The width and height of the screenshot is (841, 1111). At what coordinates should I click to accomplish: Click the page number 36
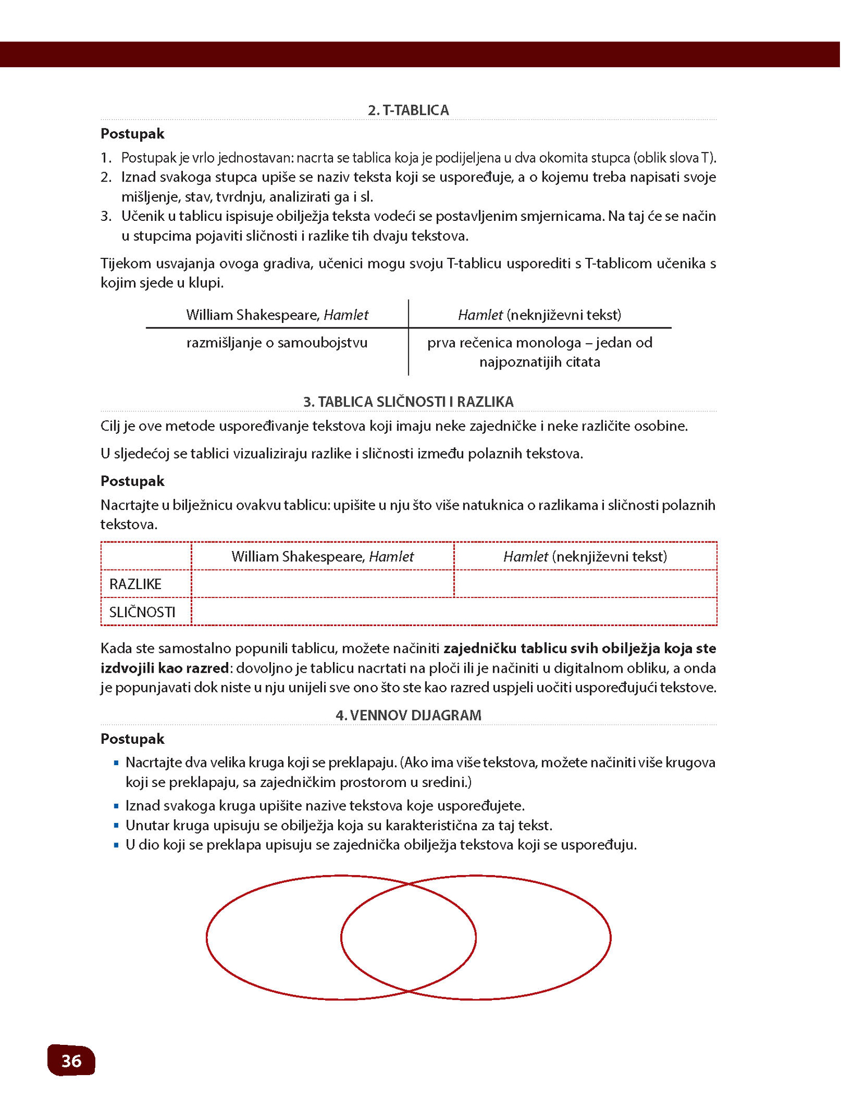tap(71, 1061)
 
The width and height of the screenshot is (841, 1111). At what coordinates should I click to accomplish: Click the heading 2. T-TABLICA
tap(408, 110)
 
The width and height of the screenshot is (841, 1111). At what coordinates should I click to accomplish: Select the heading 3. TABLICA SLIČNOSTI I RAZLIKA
tap(408, 401)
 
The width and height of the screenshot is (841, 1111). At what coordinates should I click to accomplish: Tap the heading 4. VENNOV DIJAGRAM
tap(408, 715)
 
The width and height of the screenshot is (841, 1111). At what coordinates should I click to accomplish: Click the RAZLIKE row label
tap(135, 584)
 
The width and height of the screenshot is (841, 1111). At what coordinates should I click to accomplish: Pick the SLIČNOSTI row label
tap(142, 612)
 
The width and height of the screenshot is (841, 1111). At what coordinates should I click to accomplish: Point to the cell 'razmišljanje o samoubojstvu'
tap(277, 342)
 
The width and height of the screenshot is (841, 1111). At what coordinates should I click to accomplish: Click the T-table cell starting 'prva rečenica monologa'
tap(539, 352)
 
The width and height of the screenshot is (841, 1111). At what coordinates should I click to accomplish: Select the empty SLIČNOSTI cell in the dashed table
tap(454, 612)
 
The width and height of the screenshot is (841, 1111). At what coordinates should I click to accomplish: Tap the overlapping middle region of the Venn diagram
tap(408, 937)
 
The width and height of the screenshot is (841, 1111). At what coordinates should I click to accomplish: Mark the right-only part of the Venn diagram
tap(544, 937)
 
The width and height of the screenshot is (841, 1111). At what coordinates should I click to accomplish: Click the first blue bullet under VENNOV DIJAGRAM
tap(117, 762)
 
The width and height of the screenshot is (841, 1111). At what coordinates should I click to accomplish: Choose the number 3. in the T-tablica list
tap(106, 216)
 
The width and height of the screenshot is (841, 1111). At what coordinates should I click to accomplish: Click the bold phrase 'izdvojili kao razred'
tap(165, 668)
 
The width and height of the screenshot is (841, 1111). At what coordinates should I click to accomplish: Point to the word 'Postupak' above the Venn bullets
tap(132, 739)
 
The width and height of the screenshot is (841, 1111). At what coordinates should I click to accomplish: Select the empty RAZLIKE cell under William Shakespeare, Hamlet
tap(322, 584)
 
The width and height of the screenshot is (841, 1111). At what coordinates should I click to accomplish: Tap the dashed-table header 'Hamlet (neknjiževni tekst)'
tap(585, 556)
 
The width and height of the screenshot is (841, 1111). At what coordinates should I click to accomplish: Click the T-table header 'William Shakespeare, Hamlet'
tap(277, 314)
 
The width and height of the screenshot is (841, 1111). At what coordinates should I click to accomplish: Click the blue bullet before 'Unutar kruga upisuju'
tap(117, 825)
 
